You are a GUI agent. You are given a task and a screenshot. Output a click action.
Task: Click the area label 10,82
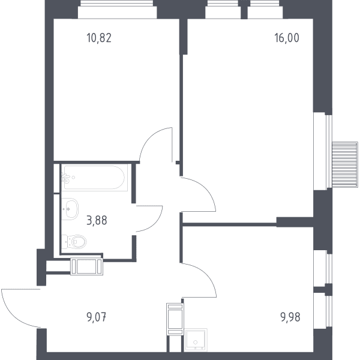(99, 38)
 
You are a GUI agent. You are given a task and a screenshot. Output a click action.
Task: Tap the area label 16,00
(287, 38)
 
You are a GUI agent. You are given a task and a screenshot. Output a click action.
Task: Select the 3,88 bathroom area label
(97, 220)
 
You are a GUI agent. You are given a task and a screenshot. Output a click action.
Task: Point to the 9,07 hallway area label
(97, 317)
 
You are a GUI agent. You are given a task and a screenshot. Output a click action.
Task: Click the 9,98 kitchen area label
(290, 317)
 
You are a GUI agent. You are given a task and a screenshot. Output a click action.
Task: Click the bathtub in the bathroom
(94, 178)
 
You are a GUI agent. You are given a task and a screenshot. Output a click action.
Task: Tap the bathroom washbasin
(70, 209)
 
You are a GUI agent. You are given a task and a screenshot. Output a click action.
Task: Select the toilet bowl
(74, 242)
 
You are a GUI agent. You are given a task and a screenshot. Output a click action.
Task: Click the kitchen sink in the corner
(196, 340)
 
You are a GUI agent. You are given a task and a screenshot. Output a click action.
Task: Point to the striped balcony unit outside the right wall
(345, 165)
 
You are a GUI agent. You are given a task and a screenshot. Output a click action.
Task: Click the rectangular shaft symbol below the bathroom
(86, 267)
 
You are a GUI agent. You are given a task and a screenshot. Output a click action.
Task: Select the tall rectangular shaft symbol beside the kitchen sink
(175, 319)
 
